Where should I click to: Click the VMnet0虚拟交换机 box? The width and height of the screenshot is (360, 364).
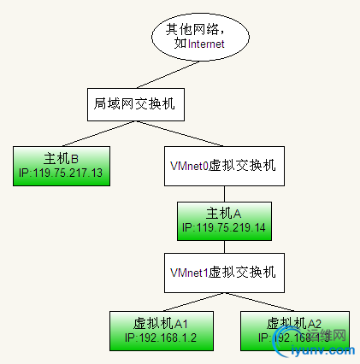click(x=224, y=166)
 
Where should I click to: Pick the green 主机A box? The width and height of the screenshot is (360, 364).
click(x=224, y=220)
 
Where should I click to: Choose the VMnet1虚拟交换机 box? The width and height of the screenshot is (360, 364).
click(x=224, y=273)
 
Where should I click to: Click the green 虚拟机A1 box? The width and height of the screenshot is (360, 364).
click(x=160, y=330)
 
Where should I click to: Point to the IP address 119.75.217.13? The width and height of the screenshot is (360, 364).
click(x=61, y=173)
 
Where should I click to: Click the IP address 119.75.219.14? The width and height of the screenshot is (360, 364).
click(x=224, y=229)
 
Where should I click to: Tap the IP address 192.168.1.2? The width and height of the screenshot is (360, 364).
click(x=160, y=338)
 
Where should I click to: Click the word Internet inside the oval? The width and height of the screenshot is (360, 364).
click(x=207, y=44)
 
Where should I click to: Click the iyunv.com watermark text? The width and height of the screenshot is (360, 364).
click(x=322, y=350)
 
